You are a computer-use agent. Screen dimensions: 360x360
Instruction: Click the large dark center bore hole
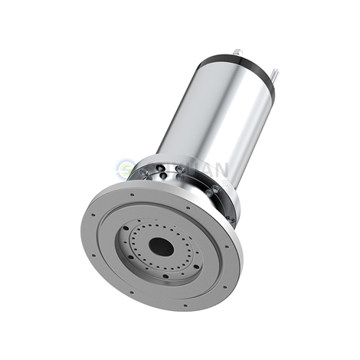pyautogui.click(x=162, y=247)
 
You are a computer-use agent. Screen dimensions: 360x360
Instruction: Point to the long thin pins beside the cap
pyautogui.click(x=273, y=78)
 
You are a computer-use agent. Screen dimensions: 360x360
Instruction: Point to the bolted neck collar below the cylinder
pyautogui.click(x=191, y=184)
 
